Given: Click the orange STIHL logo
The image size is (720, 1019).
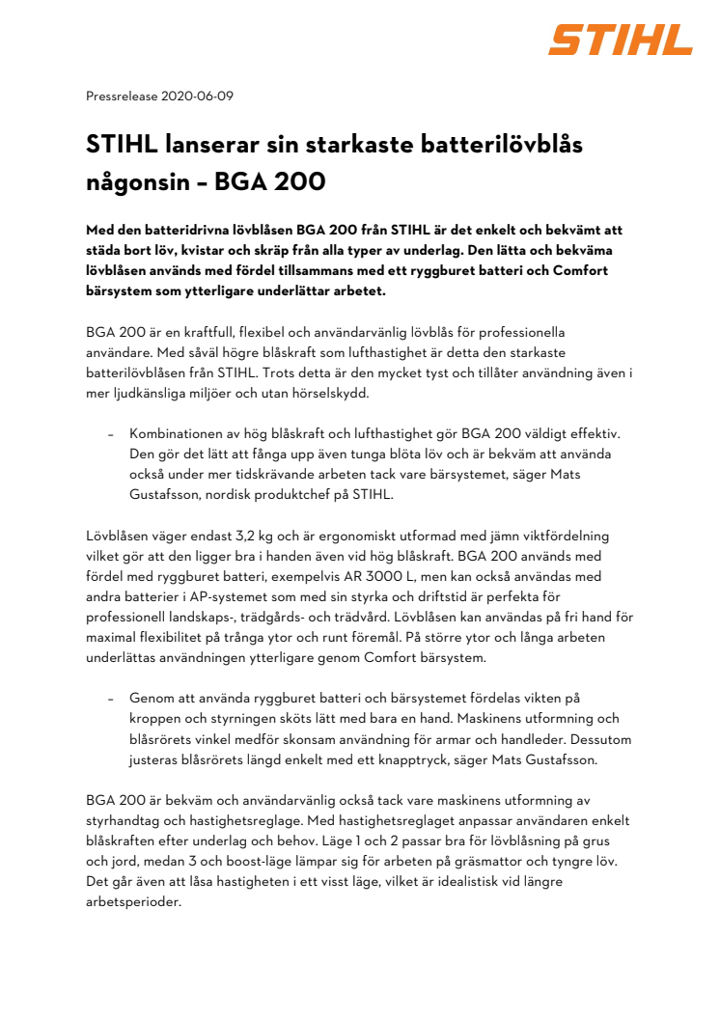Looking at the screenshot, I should (621, 40).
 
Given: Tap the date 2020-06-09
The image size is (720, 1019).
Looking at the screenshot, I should (198, 96).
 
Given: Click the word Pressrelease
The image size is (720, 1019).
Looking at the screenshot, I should (123, 96).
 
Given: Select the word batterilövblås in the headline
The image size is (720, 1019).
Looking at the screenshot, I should (488, 146).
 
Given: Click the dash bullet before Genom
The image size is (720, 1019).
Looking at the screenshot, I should (111, 698).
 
